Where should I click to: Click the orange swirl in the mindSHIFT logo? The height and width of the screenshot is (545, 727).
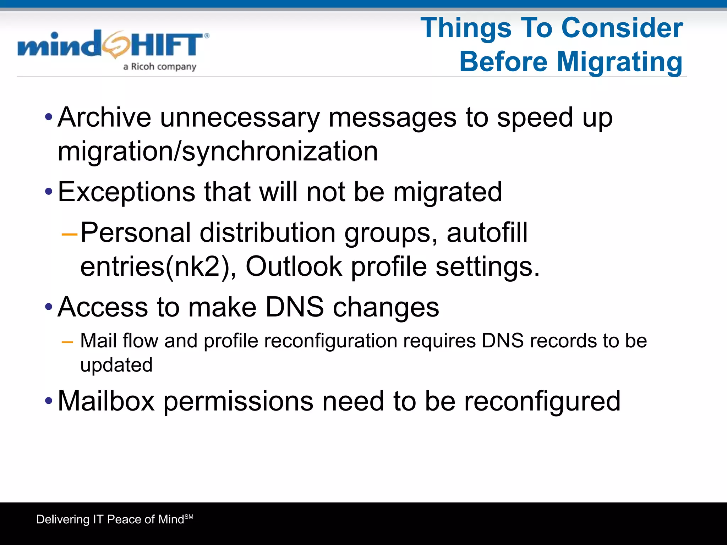point(116,45)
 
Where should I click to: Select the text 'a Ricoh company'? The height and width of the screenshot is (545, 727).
point(160,67)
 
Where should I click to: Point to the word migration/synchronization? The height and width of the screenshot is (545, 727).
point(218,152)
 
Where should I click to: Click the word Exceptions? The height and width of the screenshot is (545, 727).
point(126,192)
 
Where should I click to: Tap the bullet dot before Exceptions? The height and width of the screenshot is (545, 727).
point(49,192)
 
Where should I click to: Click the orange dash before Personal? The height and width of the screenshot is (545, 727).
point(69,234)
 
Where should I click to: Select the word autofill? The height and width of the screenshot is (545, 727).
point(487,233)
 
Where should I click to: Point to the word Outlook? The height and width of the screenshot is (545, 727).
point(294,266)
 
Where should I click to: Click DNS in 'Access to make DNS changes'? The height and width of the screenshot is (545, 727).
point(294,307)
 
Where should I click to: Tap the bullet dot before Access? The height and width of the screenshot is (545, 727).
point(49,307)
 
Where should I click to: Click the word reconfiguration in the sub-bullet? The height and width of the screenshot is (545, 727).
point(331,341)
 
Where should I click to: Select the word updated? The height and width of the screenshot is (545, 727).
point(116,365)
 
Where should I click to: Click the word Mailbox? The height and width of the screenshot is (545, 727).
point(106,401)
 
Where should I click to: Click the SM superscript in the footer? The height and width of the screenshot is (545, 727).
point(189,517)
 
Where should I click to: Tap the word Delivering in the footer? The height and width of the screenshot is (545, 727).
point(63,519)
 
